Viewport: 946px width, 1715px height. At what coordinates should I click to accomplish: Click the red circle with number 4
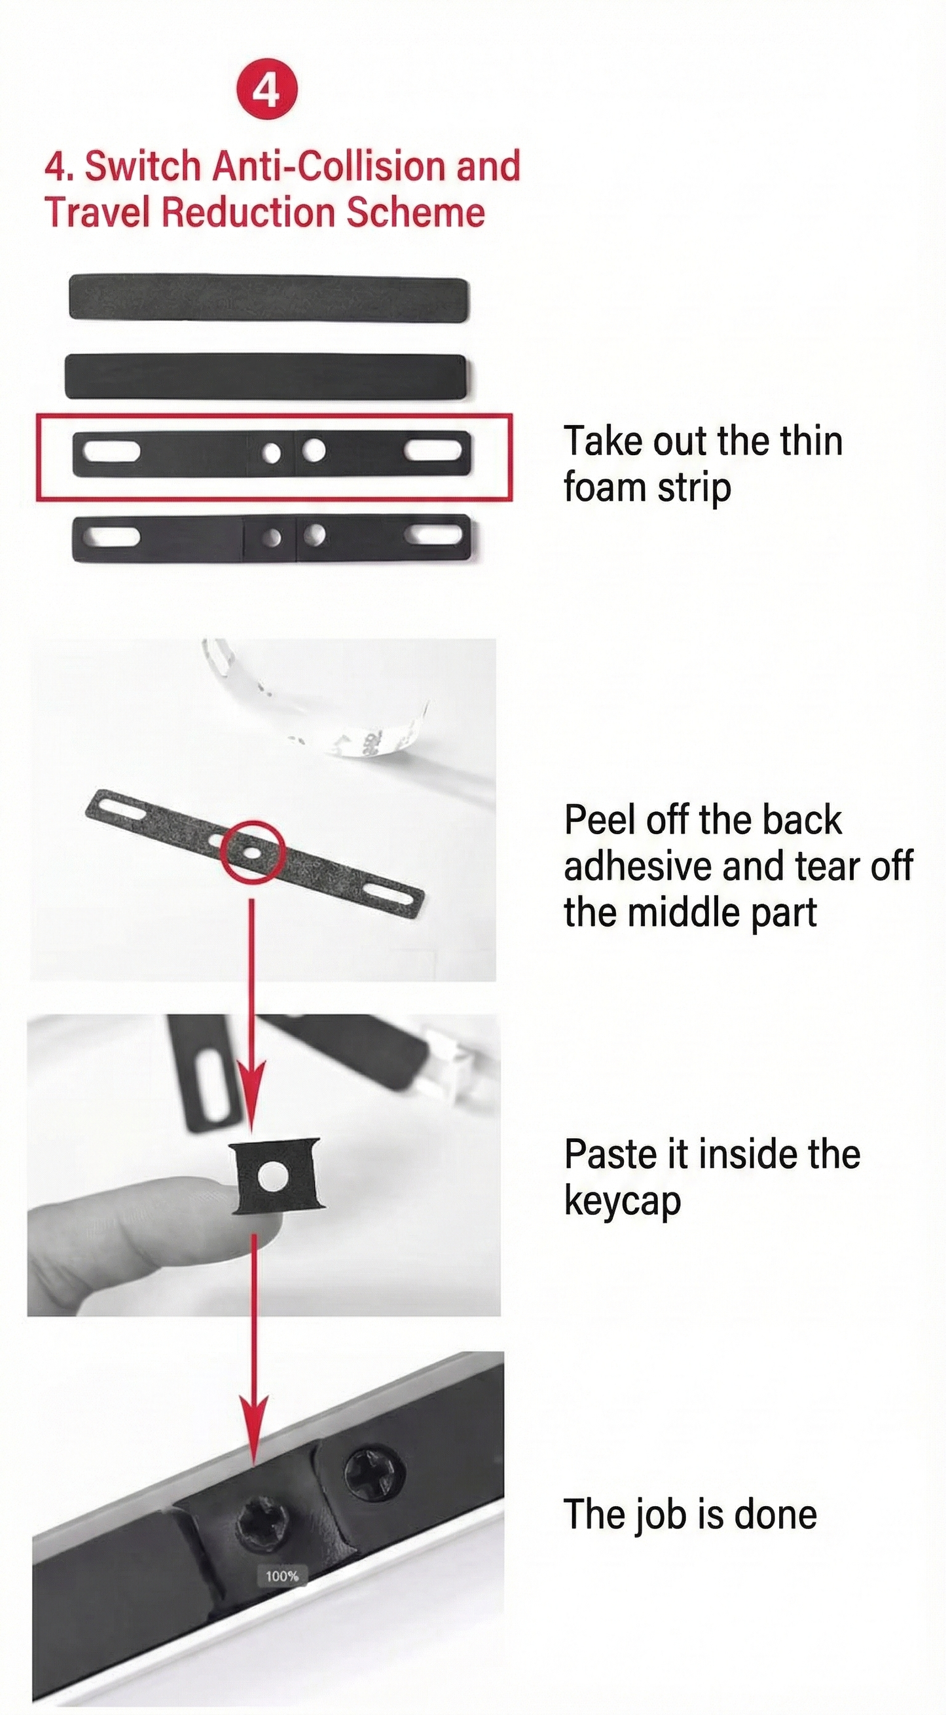coord(267,91)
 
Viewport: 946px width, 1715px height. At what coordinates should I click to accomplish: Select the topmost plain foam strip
coord(269,297)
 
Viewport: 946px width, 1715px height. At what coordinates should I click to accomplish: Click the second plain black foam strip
coord(266,377)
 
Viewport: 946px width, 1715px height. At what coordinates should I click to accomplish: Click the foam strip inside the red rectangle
coord(272,453)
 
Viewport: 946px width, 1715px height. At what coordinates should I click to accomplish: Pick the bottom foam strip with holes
coord(272,536)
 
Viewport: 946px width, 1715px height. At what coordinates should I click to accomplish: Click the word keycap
coord(623,1202)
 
